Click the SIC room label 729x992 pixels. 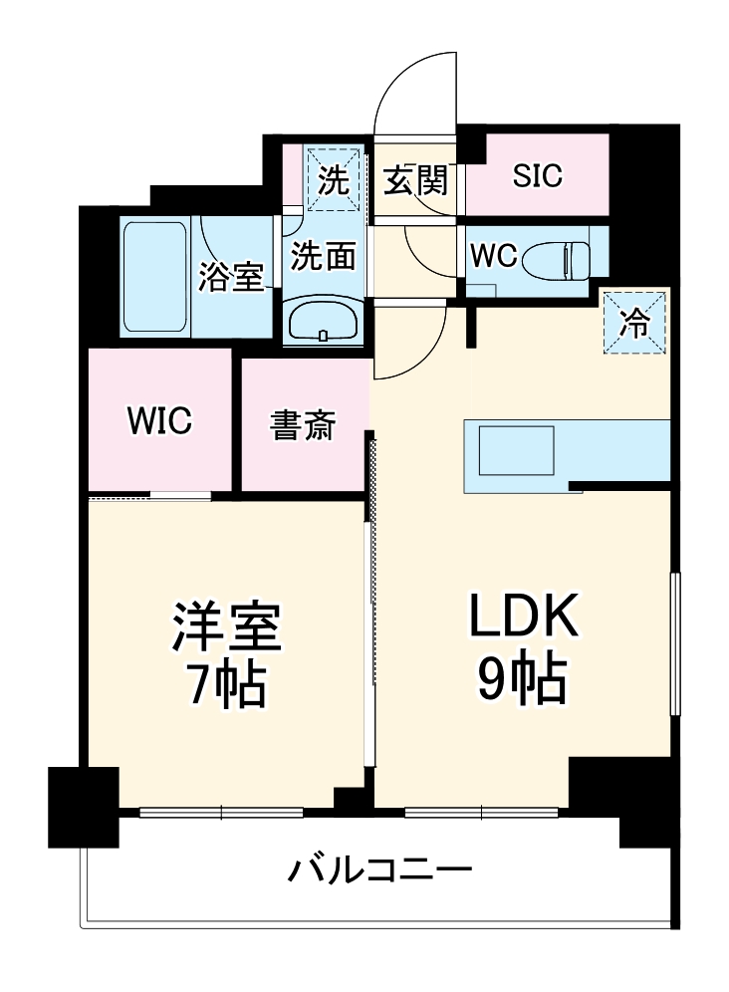(538, 175)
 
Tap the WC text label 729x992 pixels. (494, 256)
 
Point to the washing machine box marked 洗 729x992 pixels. (333, 180)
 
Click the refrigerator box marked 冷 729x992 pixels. (634, 321)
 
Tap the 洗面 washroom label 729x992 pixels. (324, 256)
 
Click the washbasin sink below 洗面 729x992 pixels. (324, 321)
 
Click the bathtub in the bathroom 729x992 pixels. (155, 278)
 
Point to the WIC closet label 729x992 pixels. (159, 419)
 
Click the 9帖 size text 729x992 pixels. (522, 680)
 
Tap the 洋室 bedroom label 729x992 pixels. (227, 626)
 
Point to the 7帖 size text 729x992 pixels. (227, 684)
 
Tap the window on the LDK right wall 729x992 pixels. (674, 642)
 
